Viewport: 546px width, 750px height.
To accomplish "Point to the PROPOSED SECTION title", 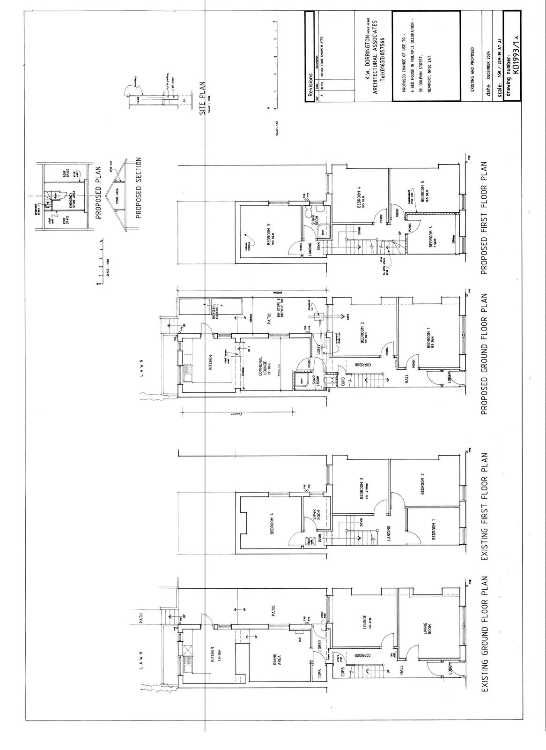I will click(x=139, y=189).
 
